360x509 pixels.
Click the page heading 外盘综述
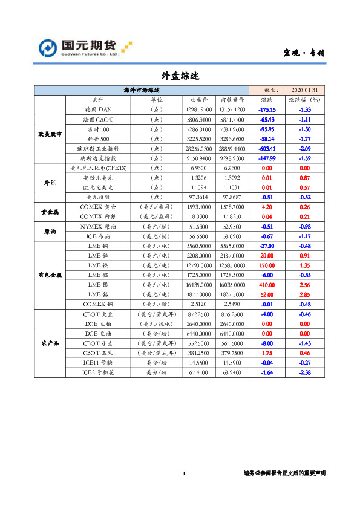[x=180, y=76]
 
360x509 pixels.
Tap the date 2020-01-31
[x=304, y=89]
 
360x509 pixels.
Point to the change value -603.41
[x=267, y=148]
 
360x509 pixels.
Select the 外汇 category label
[x=50, y=182]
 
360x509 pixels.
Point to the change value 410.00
[x=267, y=284]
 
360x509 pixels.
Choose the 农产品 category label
[x=50, y=343]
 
